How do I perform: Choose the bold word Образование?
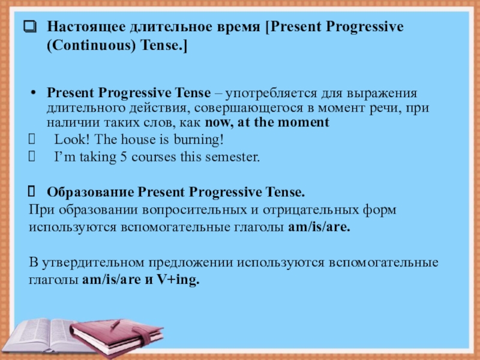tap(91, 193)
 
